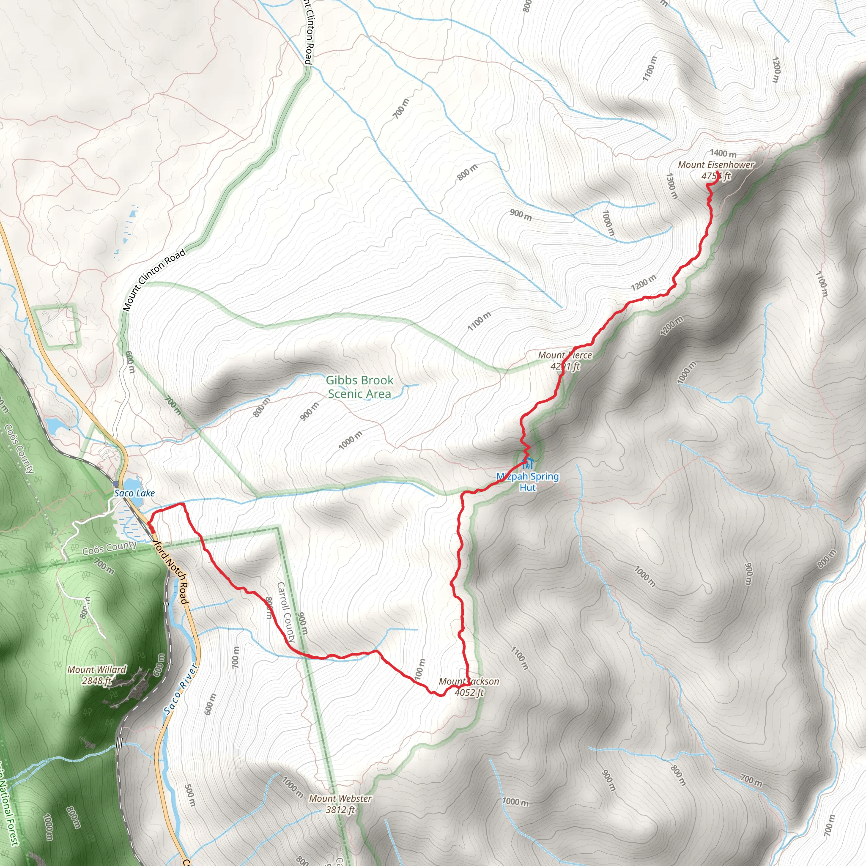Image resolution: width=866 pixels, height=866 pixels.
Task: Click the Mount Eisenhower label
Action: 716,165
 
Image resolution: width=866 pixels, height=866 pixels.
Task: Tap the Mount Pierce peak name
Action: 565,356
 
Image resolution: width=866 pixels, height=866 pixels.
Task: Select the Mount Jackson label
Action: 469,681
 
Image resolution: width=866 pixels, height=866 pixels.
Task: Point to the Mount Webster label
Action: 340,798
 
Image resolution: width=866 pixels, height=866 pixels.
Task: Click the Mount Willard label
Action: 97,670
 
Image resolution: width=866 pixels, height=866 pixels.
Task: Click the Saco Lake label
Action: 134,493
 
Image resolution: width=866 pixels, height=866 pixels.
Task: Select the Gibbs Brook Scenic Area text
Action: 359,387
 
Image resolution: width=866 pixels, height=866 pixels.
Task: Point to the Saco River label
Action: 180,689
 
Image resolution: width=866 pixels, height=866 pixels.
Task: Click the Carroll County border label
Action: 286,612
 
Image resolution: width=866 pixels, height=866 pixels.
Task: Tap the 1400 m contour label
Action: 723,154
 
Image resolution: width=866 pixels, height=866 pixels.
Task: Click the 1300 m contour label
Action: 671,186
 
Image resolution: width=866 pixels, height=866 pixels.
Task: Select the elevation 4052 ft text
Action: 469,693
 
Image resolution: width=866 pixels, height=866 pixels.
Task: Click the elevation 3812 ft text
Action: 340,809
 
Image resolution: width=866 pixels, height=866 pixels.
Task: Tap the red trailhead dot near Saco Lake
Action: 148,530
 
